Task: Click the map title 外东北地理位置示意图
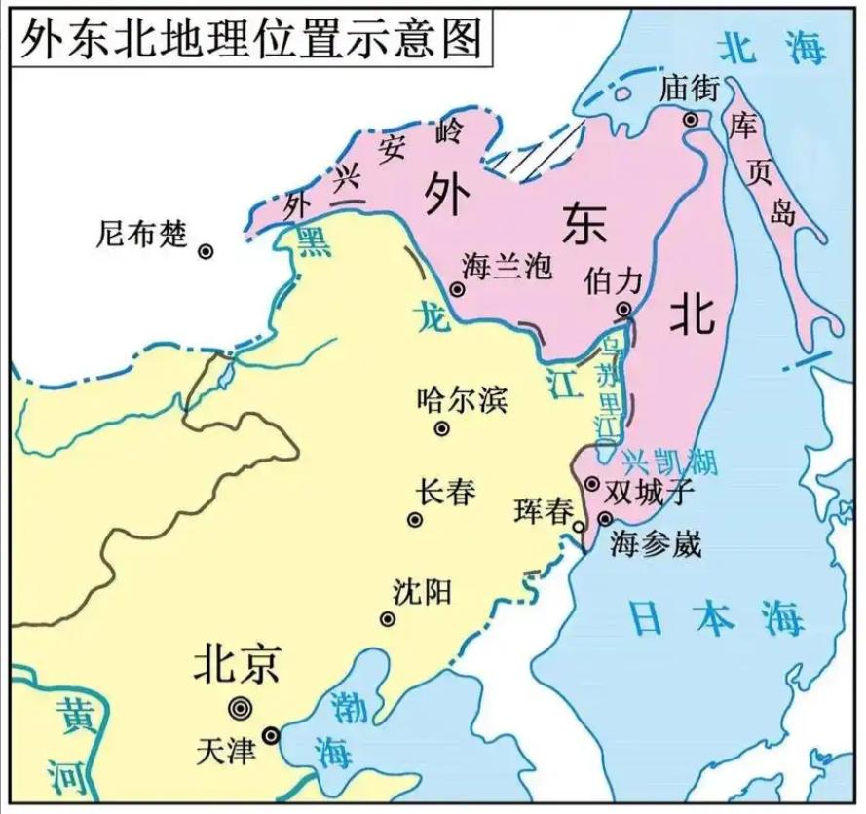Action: click(x=249, y=37)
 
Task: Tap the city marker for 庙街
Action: click(x=691, y=120)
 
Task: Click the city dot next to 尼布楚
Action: click(x=206, y=251)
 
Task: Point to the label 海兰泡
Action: click(x=508, y=266)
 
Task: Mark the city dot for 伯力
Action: click(x=623, y=311)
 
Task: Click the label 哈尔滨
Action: click(x=462, y=399)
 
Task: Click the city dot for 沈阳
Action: click(x=388, y=619)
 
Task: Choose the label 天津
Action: click(x=226, y=750)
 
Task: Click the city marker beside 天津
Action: click(x=271, y=736)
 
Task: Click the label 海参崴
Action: click(x=656, y=543)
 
